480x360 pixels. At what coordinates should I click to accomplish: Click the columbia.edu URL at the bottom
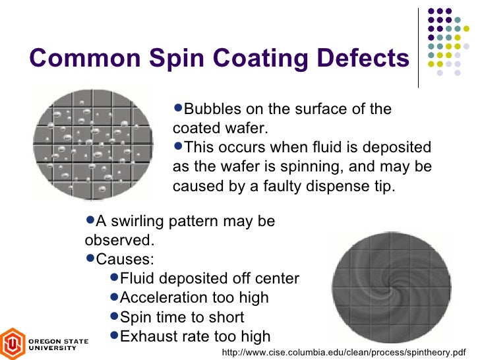pyautogui.click(x=344, y=352)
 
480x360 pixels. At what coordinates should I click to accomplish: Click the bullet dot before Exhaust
pyautogui.click(x=114, y=335)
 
